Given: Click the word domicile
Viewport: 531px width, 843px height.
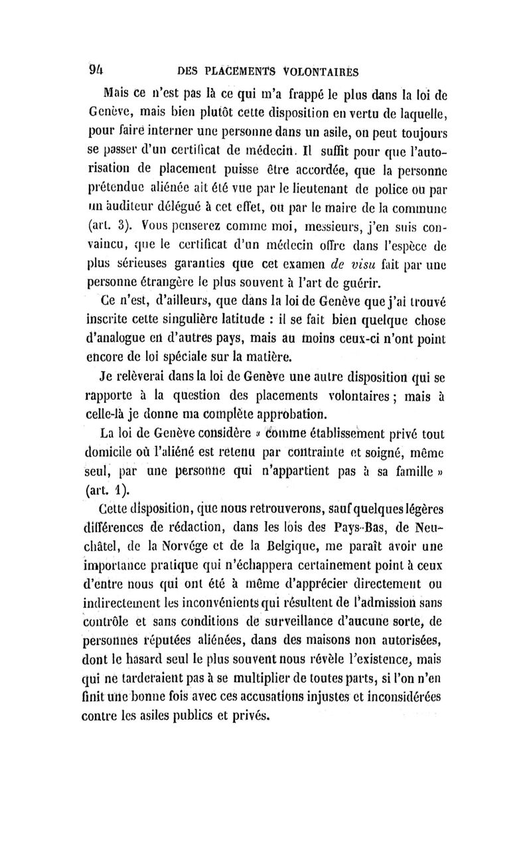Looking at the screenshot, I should pos(133,453).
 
